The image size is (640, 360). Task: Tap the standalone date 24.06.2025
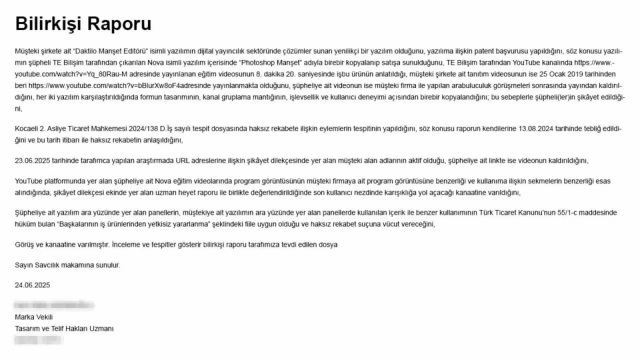[32, 285]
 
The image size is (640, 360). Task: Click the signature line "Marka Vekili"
[34, 317]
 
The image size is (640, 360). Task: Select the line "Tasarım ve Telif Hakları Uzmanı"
[64, 328]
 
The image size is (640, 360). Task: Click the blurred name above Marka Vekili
[54, 305]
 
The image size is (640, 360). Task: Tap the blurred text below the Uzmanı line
[38, 340]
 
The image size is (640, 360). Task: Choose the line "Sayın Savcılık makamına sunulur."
[67, 265]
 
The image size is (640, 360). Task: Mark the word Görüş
[25, 244]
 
